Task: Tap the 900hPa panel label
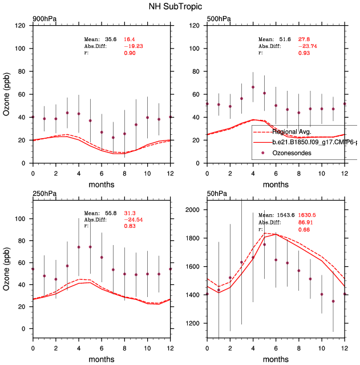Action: (x=44, y=19)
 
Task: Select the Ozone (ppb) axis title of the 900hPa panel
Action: (x=7, y=94)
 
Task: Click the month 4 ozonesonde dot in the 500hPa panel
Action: (x=253, y=87)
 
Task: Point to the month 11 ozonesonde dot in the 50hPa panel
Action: (x=333, y=301)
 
